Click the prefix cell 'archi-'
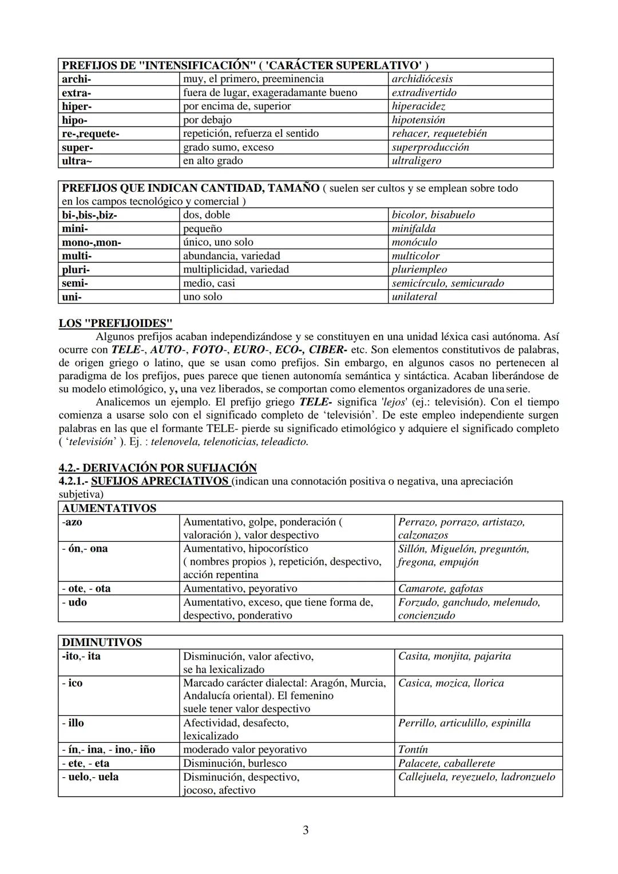[76, 79]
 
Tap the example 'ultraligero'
[416, 161]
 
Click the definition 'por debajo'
[207, 120]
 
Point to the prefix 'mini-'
[75, 229]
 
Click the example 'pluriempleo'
[419, 269]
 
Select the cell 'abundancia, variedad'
[231, 256]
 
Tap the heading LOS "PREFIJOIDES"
[115, 323]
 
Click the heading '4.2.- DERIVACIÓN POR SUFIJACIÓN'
[157, 468]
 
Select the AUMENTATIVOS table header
[109, 509]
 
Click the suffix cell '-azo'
[72, 522]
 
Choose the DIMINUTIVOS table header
[101, 643]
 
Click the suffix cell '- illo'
[73, 723]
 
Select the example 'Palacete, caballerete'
[446, 763]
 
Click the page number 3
[306, 830]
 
